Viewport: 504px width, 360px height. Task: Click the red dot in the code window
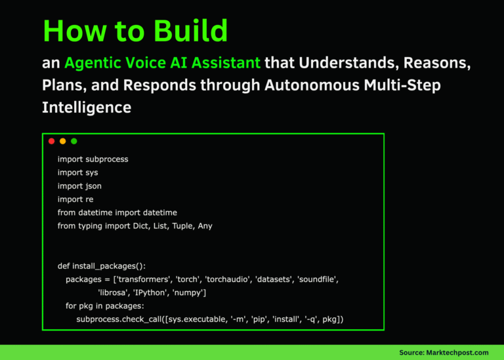click(x=52, y=141)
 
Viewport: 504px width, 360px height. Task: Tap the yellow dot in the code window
click(x=63, y=141)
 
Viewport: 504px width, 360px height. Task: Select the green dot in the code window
click(x=73, y=141)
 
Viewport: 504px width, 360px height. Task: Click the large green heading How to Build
click(x=135, y=31)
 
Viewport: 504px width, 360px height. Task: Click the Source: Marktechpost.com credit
click(x=444, y=353)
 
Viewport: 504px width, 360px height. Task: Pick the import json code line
click(x=79, y=186)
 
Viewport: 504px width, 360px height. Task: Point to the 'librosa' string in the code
click(x=115, y=292)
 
